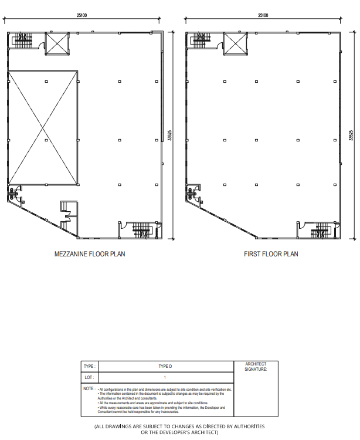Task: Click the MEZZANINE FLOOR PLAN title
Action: (90, 254)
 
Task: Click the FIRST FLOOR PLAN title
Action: (271, 254)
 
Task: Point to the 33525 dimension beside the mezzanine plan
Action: (170, 136)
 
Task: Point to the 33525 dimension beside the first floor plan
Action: (351, 136)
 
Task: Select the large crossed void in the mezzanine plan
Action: (43, 127)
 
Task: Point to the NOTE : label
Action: (89, 389)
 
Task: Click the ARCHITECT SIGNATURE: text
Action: (256, 367)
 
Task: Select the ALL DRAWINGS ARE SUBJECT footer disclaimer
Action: (179, 429)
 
